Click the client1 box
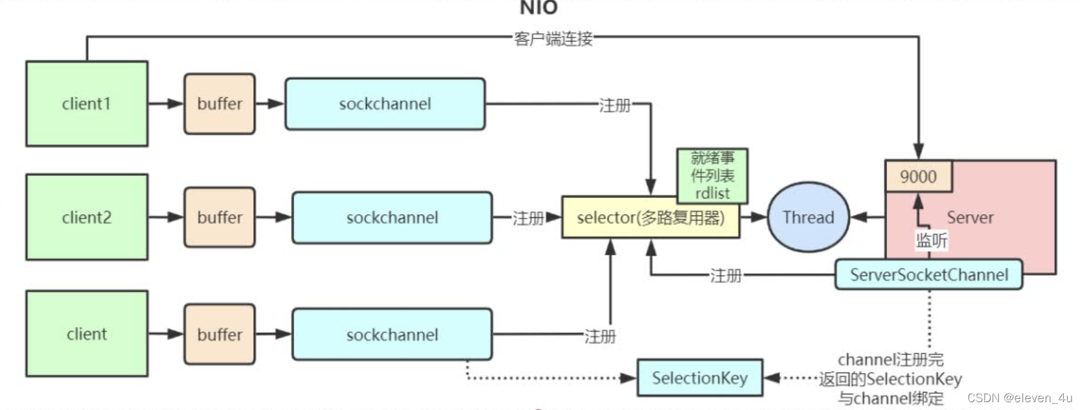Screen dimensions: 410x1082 (x=87, y=104)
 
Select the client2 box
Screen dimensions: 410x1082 (x=87, y=217)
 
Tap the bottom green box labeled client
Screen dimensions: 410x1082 (x=87, y=334)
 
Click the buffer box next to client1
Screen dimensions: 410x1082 (x=220, y=104)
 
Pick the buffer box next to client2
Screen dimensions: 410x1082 (x=220, y=217)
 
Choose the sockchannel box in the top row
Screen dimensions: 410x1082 (x=385, y=104)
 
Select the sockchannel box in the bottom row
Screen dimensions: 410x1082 (x=392, y=335)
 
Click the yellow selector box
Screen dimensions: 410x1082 (x=650, y=218)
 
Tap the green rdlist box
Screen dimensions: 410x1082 (x=712, y=176)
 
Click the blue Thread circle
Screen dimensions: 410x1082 (x=808, y=217)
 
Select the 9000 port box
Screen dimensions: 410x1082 (x=918, y=176)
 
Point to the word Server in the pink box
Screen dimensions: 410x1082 (x=970, y=217)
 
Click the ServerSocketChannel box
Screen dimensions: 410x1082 (x=928, y=275)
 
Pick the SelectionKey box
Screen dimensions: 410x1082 (x=699, y=378)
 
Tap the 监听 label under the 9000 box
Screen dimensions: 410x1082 (x=931, y=241)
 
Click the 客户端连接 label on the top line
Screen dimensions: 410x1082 (x=553, y=39)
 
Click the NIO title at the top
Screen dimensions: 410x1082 (x=538, y=8)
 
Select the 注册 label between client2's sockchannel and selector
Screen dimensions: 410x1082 (x=528, y=218)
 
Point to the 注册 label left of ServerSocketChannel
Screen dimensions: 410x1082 (x=725, y=276)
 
